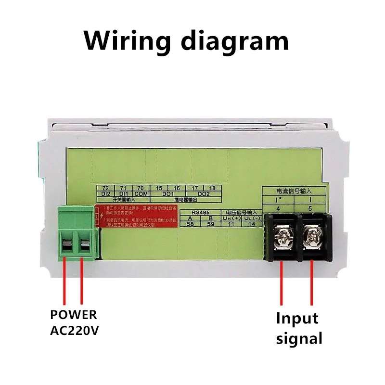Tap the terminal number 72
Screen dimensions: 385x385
[105, 188]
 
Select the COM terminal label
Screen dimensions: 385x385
[141, 193]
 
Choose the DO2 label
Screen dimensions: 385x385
[204, 193]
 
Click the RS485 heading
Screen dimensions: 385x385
[199, 212]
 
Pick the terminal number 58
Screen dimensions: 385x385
[190, 224]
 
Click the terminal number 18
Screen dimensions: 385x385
[212, 188]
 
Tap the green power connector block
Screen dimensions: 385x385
[77, 233]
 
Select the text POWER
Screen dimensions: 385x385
[74, 315]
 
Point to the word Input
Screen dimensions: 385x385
[297, 319]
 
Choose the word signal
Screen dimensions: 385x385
[299, 339]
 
